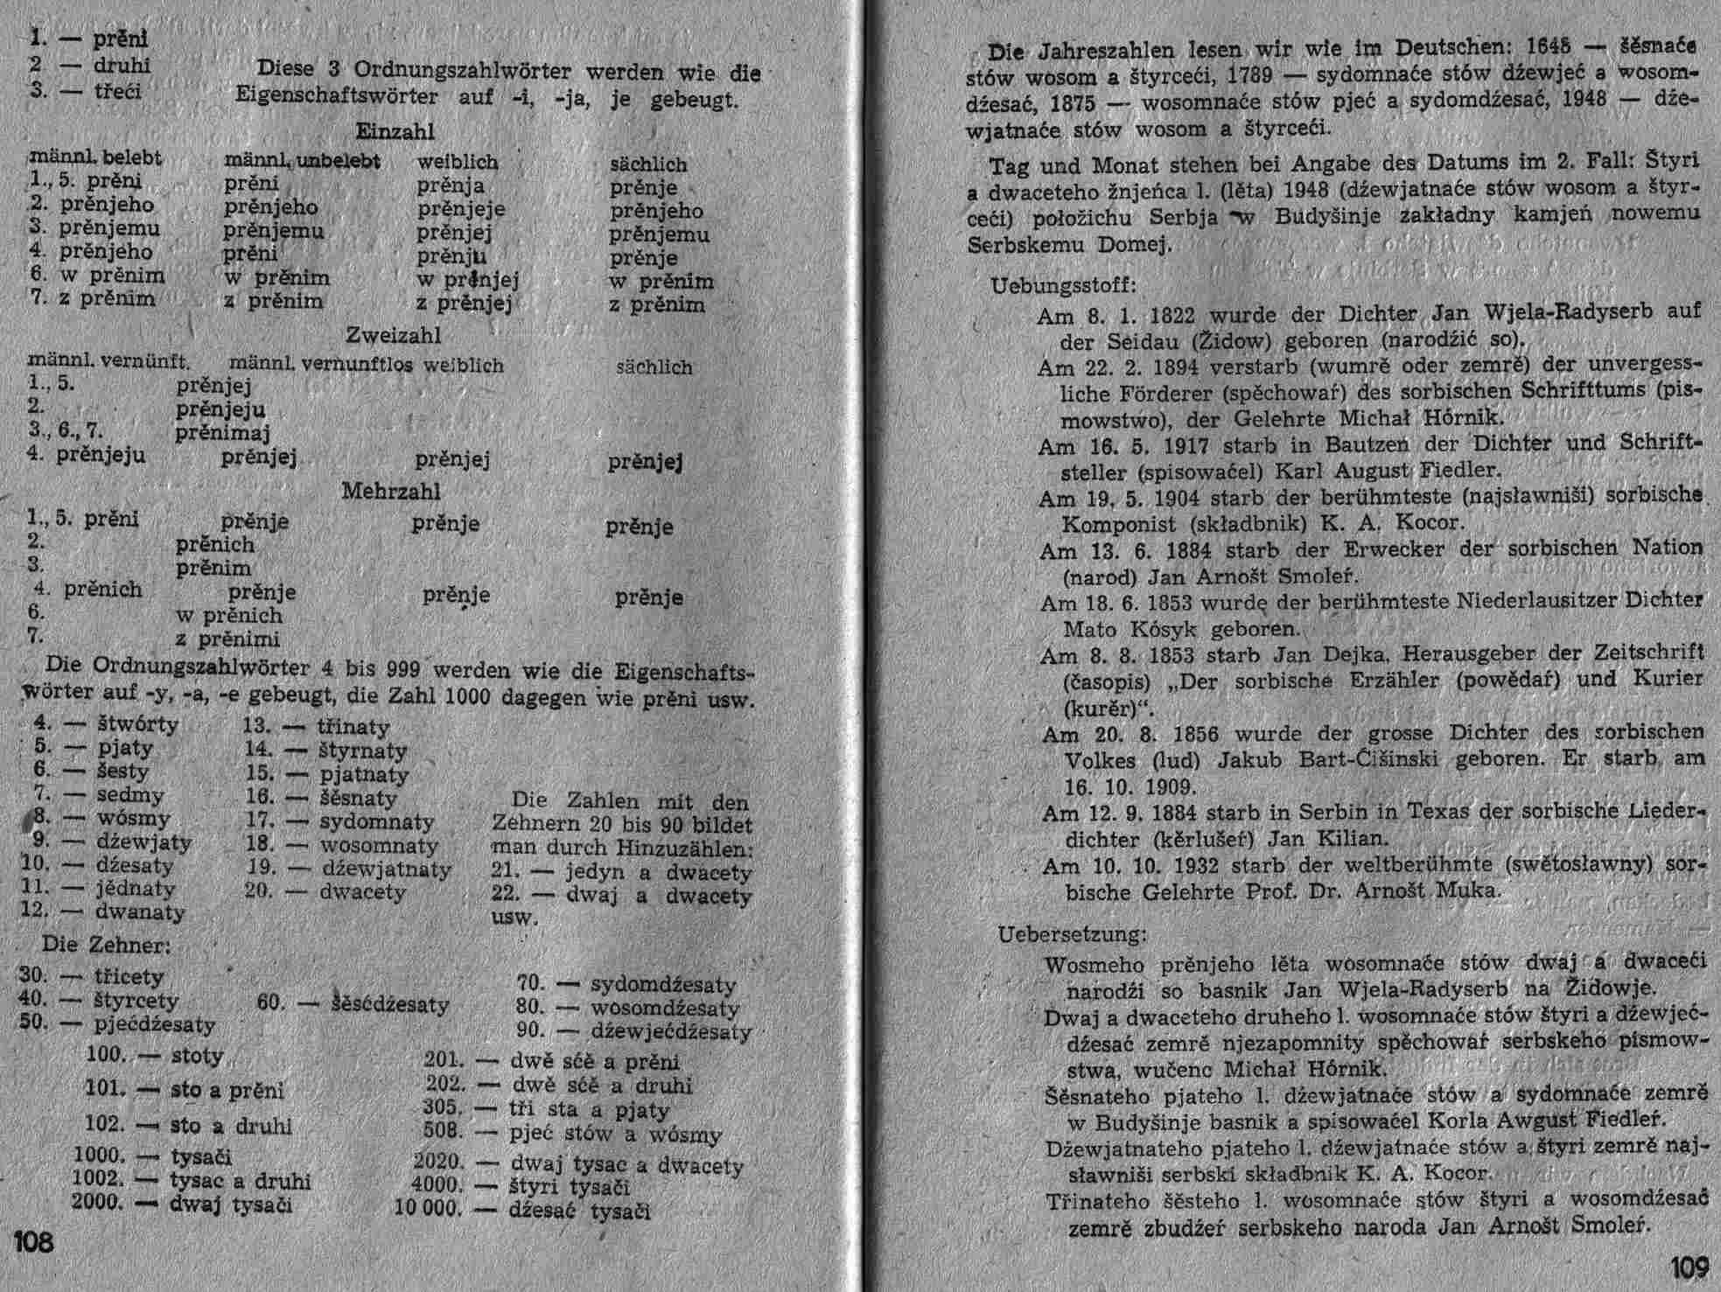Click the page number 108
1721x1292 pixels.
[x=34, y=1241]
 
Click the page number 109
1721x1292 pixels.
[x=1689, y=1266]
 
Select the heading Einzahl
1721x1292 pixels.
[x=395, y=131]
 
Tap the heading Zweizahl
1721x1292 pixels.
[x=393, y=336]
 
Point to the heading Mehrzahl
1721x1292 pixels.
[x=390, y=492]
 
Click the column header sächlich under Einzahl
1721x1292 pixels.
[x=648, y=164]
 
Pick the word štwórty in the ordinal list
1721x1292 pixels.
[x=137, y=725]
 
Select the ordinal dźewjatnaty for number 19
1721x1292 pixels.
[x=387, y=869]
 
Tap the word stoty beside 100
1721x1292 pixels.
[x=197, y=1056]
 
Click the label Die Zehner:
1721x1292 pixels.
[x=106, y=946]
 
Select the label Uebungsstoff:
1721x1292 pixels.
[x=1063, y=285]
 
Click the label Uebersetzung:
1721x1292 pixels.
[x=1072, y=934]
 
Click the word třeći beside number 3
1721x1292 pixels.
[x=117, y=92]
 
